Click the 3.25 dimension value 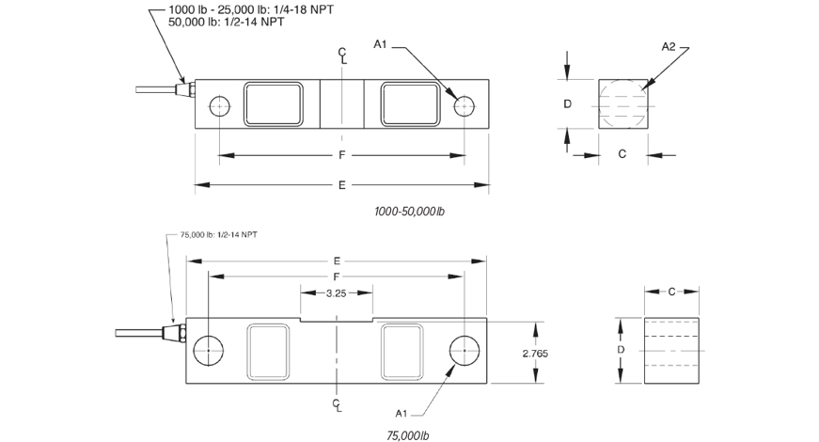pos(337,293)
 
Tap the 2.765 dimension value pos(535,354)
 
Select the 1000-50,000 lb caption pos(410,212)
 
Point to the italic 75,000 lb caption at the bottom pos(407,435)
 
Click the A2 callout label pos(669,46)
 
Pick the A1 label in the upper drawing pos(380,44)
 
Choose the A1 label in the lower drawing pos(402,414)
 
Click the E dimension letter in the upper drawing pos(341,185)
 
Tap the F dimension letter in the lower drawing pos(337,276)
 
